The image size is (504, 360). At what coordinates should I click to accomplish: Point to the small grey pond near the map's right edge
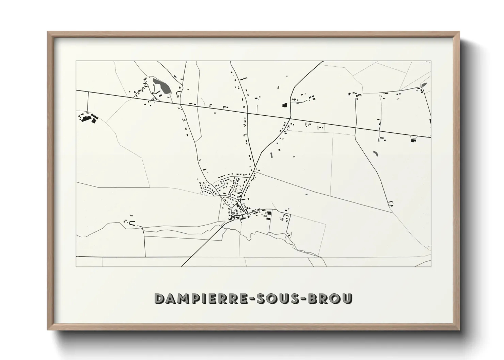click(x=424, y=85)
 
